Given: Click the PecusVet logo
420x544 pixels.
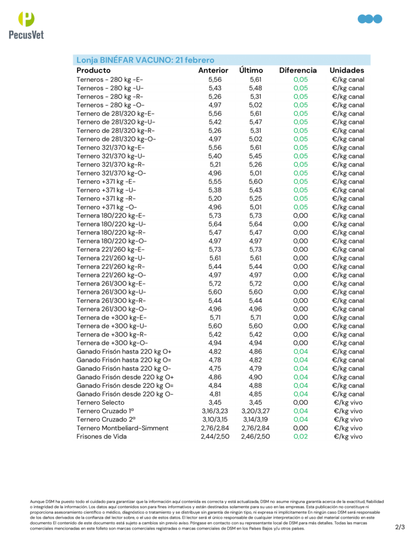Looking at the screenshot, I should pyautogui.click(x=26, y=25).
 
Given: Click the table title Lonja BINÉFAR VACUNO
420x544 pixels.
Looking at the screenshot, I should pyautogui.click(x=145, y=60).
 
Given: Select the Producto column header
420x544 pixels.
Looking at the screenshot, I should pyautogui.click(x=93, y=70).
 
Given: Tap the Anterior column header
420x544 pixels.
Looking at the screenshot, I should pyautogui.click(x=213, y=70).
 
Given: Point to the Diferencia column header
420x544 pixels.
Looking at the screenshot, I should pyautogui.click(x=298, y=70).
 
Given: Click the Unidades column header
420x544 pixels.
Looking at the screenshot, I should pyautogui.click(x=347, y=70).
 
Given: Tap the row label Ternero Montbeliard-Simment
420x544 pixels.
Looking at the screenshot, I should pyautogui.click(x=123, y=428).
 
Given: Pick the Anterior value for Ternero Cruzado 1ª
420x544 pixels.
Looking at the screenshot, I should pyautogui.click(x=215, y=411).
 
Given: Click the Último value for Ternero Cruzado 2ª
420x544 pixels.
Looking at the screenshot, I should pyautogui.click(x=255, y=419).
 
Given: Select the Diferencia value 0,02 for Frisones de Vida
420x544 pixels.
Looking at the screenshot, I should pyautogui.click(x=301, y=436).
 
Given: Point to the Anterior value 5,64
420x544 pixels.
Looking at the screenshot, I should pyautogui.click(x=215, y=224).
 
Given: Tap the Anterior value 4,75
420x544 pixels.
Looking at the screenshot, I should pyautogui.click(x=215, y=368).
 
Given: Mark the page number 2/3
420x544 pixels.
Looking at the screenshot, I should pyautogui.click(x=400, y=527).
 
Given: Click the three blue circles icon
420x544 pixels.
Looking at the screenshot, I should pyautogui.click(x=370, y=19).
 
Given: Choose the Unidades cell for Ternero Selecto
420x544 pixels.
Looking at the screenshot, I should pyautogui.click(x=348, y=402).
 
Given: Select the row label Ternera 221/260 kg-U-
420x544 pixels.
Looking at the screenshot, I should pyautogui.click(x=111, y=258).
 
